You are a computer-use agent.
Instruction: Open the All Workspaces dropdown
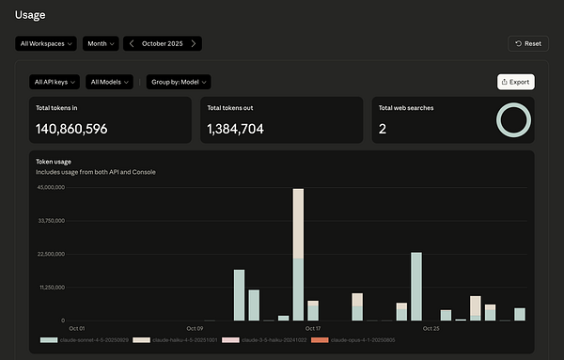(x=46, y=43)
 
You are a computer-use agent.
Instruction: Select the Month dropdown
(x=101, y=43)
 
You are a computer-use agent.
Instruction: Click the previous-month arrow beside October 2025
(x=132, y=43)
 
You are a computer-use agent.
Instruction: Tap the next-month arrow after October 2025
(x=194, y=43)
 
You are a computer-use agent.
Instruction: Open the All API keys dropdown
(x=55, y=82)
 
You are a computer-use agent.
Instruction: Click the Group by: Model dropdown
(x=179, y=82)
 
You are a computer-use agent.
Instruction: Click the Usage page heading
(x=29, y=14)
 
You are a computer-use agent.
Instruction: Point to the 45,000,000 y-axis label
(x=51, y=187)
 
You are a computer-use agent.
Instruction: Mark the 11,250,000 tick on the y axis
(x=51, y=287)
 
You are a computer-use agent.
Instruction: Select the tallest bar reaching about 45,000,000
(x=298, y=254)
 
